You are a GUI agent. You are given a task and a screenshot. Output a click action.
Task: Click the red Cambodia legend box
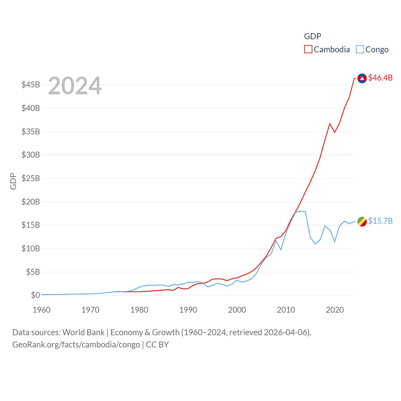pyautogui.click(x=308, y=49)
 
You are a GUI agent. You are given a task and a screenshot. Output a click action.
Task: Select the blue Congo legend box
pyautogui.click(x=360, y=49)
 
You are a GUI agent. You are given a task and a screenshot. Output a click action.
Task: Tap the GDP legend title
pyautogui.click(x=312, y=36)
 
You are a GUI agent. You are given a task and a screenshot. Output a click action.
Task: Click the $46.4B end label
pyautogui.click(x=380, y=78)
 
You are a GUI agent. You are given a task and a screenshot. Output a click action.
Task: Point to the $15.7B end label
pyautogui.click(x=380, y=221)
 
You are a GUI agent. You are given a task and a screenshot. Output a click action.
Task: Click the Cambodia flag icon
pyautogui.click(x=362, y=78)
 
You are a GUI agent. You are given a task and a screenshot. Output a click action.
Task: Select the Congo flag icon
pyautogui.click(x=362, y=221)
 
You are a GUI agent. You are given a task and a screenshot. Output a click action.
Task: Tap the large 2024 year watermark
pyautogui.click(x=75, y=86)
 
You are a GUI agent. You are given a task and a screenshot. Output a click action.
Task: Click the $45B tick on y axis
pyautogui.click(x=31, y=85)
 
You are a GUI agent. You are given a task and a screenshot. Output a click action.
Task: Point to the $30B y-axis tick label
pyautogui.click(x=31, y=155)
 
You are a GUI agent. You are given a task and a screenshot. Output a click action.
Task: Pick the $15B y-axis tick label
pyautogui.click(x=31, y=225)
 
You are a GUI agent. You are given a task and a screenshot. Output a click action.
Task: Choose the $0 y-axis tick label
pyautogui.click(x=35, y=295)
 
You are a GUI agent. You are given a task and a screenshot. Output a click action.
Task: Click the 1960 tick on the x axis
pyautogui.click(x=42, y=310)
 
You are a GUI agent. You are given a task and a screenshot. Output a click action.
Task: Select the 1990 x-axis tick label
pyautogui.click(x=188, y=310)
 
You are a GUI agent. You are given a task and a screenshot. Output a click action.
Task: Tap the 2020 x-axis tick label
pyautogui.click(x=335, y=310)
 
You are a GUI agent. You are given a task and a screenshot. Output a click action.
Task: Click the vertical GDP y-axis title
pyautogui.click(x=13, y=181)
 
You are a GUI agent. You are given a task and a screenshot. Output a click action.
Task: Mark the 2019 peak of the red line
pyautogui.click(x=330, y=123)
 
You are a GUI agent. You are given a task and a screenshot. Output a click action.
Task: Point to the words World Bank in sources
pyautogui.click(x=83, y=332)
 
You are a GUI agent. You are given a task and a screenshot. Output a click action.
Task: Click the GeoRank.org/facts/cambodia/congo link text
pyautogui.click(x=76, y=345)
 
